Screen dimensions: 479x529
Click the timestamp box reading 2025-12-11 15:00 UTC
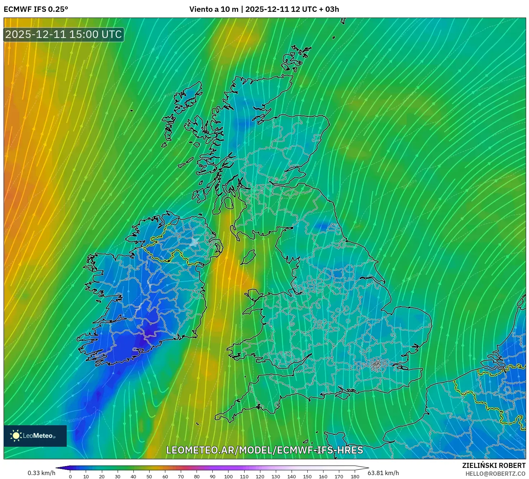pos(64,34)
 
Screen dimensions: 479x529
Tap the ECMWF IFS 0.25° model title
pos(36,9)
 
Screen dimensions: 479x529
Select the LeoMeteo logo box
pos(35,436)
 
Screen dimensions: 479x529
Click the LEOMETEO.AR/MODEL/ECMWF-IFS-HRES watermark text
pos(265,450)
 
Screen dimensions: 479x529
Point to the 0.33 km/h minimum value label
pos(41,473)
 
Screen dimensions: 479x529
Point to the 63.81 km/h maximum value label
pos(383,473)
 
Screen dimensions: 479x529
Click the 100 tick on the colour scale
pos(228,476)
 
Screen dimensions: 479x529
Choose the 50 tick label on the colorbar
pos(149,476)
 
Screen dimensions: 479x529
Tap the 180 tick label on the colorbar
pos(355,476)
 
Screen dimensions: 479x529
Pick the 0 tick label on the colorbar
pos(70,476)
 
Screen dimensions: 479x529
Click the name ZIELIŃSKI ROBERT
pos(493,465)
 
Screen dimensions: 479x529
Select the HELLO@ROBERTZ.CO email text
pos(495,474)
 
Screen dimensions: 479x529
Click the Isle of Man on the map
pos(248,257)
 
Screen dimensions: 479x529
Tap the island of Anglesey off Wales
pos(254,296)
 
